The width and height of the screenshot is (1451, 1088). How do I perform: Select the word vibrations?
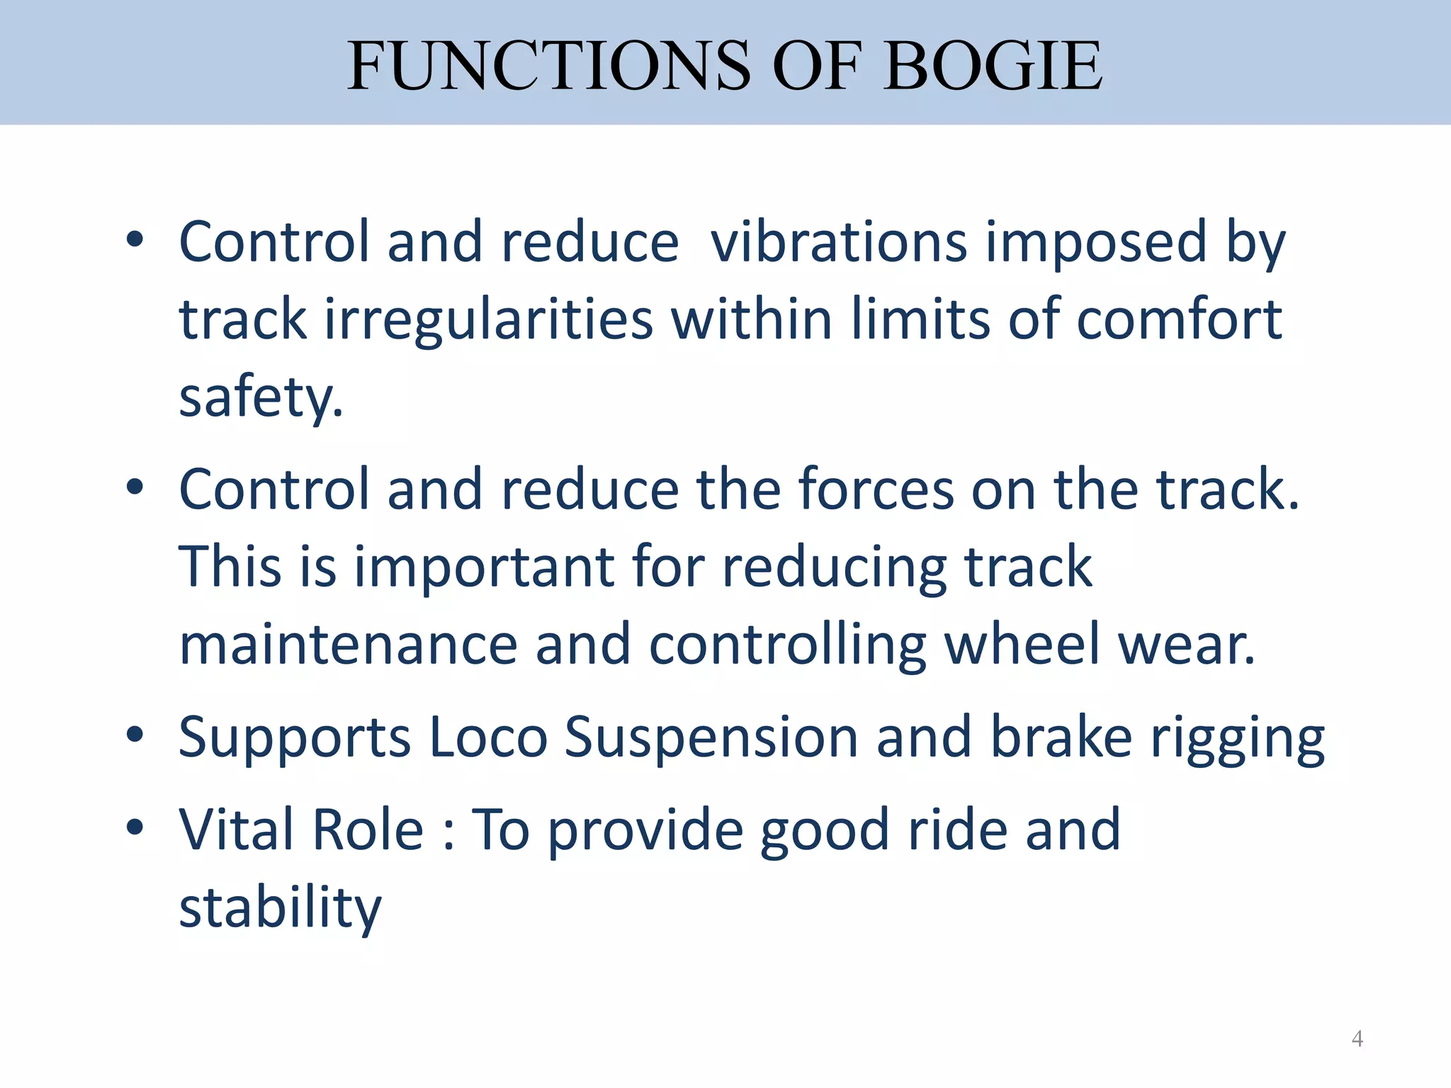(839, 242)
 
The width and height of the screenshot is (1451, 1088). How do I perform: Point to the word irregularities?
(488, 319)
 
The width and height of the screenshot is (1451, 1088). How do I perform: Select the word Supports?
(294, 738)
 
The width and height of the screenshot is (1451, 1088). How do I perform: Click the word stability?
(280, 908)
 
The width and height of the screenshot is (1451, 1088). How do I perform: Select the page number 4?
(1357, 1038)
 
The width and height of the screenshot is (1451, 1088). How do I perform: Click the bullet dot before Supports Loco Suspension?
(135, 735)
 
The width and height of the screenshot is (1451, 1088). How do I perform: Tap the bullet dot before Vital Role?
(135, 827)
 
